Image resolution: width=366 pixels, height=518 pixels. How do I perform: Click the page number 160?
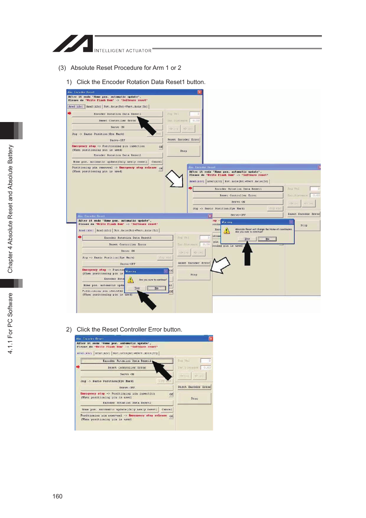(x=58, y=496)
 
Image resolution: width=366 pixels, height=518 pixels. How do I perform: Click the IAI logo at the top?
(x=73, y=43)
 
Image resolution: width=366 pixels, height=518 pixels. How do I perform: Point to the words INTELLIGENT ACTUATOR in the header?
(x=123, y=51)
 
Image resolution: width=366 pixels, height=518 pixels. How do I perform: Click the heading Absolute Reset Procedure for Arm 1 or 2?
(x=125, y=68)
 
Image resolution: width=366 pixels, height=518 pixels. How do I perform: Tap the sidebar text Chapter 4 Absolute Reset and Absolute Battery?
(x=10, y=209)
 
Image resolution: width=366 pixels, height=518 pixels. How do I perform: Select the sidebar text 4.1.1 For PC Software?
(x=10, y=323)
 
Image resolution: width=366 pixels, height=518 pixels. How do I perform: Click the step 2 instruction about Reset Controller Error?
(x=129, y=330)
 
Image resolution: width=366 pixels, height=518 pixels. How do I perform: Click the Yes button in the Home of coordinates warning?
(x=247, y=239)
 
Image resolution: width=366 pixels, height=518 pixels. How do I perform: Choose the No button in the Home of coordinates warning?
(x=267, y=239)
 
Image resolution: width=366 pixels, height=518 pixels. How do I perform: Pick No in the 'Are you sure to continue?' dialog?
(x=157, y=288)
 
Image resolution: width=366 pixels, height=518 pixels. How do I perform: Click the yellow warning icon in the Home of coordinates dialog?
(x=227, y=231)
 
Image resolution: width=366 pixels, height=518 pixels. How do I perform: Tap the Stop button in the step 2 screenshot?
(x=195, y=399)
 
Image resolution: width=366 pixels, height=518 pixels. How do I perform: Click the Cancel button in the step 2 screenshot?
(x=167, y=409)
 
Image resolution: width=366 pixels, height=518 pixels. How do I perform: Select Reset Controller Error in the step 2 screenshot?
(x=127, y=368)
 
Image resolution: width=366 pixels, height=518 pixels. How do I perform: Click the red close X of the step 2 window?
(x=211, y=338)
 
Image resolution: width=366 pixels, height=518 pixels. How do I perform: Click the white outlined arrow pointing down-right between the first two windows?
(x=175, y=178)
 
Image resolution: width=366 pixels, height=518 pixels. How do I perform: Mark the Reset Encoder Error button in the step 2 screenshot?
(x=195, y=387)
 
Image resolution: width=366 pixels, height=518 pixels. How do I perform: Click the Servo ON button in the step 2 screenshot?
(x=127, y=374)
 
